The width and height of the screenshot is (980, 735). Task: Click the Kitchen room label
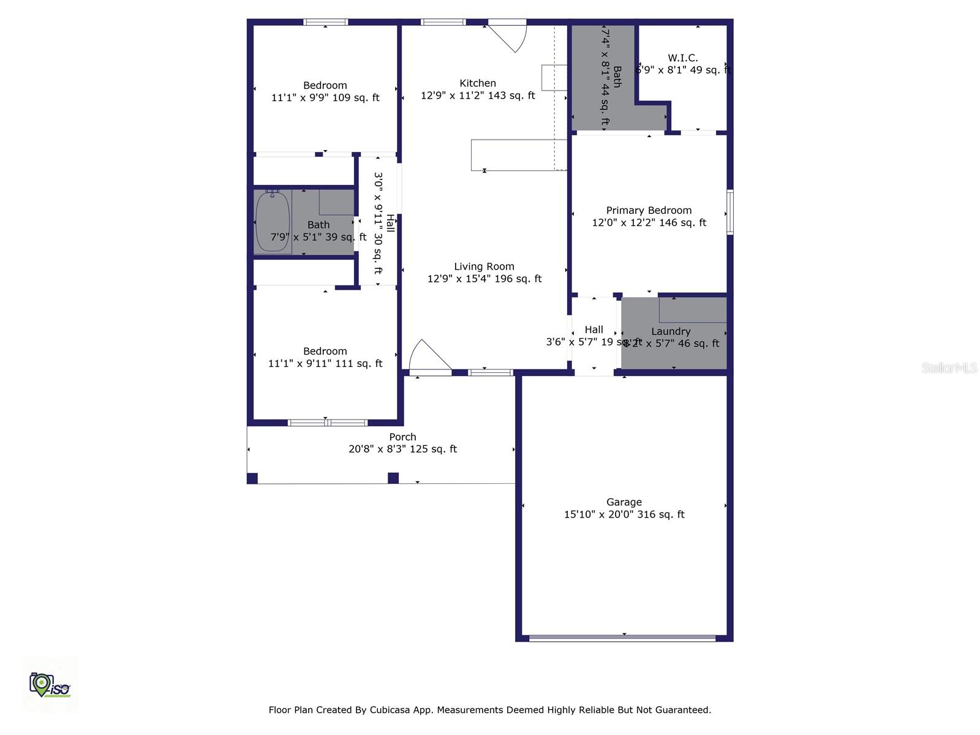478,83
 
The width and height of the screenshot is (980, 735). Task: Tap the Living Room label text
484,266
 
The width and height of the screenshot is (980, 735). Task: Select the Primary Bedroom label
649,210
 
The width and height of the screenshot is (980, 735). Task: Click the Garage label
624,502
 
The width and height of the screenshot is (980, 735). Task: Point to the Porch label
402,437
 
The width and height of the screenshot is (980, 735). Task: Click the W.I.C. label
682,58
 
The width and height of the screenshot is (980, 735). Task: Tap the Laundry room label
671,331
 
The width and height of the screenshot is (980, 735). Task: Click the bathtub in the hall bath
273,222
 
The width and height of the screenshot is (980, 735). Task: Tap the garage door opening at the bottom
622,638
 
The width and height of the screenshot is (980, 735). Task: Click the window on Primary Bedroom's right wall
730,213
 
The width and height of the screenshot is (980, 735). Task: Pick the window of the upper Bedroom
326,22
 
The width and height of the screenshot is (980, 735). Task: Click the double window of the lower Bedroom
328,423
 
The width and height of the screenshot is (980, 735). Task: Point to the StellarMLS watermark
949,367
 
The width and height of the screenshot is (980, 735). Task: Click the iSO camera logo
49,685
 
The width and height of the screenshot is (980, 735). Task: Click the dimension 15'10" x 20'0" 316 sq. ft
624,514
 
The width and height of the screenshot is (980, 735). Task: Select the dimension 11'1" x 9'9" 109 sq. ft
325,97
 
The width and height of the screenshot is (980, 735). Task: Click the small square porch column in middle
393,478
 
